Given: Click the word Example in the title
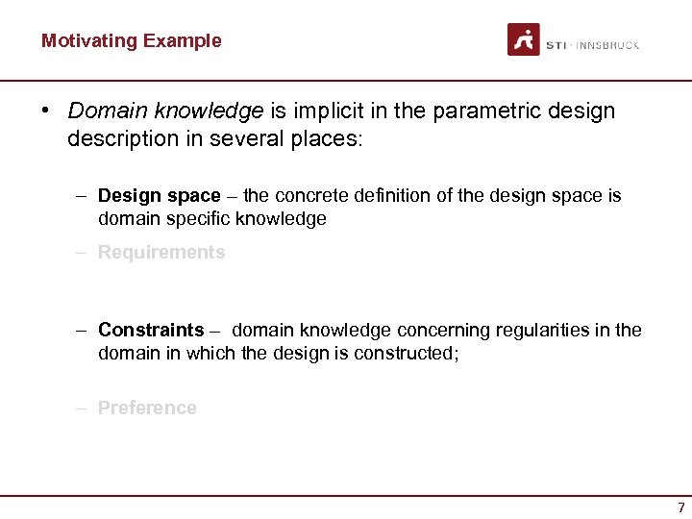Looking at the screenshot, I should (182, 40).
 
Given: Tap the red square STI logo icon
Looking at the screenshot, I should (524, 39).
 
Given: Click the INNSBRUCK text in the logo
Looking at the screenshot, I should (607, 45).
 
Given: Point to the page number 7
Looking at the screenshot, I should (681, 507).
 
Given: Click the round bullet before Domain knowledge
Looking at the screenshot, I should (45, 111).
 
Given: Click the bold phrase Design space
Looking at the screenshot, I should (159, 195).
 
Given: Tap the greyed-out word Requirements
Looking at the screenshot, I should (161, 253).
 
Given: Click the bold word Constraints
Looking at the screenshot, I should (151, 330).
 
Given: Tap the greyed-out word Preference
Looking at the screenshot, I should (147, 408).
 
